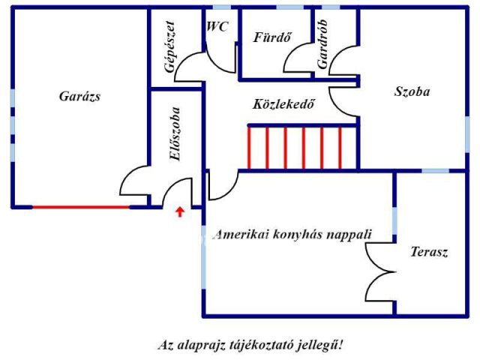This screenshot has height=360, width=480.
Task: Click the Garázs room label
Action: [x=79, y=96]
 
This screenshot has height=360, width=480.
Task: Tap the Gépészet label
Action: [x=170, y=46]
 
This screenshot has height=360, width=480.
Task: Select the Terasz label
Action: [x=429, y=252]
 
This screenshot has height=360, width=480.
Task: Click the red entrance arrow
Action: [x=179, y=211]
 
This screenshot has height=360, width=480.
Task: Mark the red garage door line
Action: [x=81, y=206]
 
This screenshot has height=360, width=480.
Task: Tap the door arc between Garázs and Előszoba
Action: [x=135, y=182]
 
